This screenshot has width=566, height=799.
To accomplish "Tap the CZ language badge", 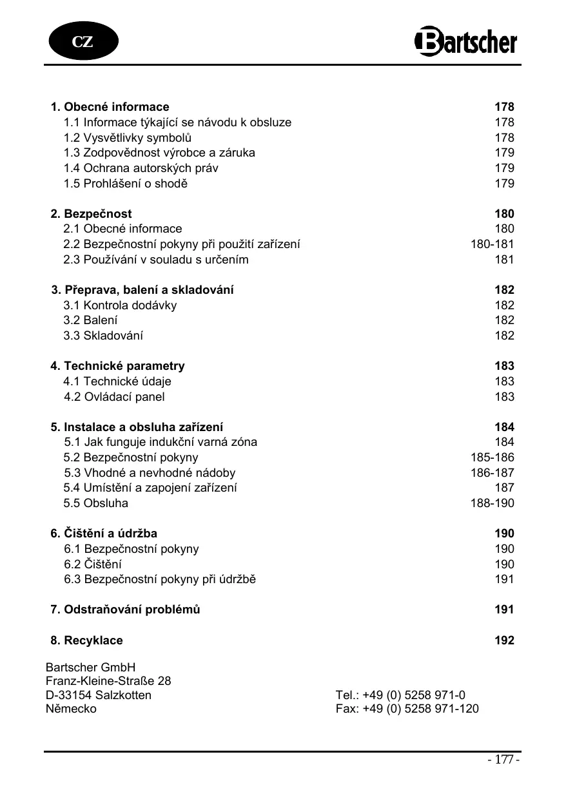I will pyautogui.click(x=83, y=42).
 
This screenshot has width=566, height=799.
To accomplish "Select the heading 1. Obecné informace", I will pyautogui.click(x=110, y=107).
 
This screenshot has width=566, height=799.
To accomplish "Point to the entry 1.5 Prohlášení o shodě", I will pyautogui.click(x=125, y=184).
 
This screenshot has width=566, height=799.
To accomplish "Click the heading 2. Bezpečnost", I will pyautogui.click(x=92, y=214).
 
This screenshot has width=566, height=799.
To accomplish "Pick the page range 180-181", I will pyautogui.click(x=492, y=244).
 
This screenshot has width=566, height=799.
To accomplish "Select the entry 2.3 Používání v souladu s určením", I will pyautogui.click(x=155, y=260).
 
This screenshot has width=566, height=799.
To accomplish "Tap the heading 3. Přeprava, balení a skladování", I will pyautogui.click(x=142, y=290).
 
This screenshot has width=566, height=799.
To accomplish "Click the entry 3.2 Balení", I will pyautogui.click(x=90, y=320).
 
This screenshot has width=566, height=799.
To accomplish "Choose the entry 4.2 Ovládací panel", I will pyautogui.click(x=114, y=397).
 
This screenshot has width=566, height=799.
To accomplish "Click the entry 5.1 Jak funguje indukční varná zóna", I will pyautogui.click(x=161, y=442).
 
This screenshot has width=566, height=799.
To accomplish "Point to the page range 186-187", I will pyautogui.click(x=492, y=473).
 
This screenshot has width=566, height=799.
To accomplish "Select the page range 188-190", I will pyautogui.click(x=492, y=503).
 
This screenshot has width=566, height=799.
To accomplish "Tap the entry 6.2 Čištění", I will pyautogui.click(x=93, y=564).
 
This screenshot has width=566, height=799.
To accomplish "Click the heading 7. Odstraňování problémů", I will pyautogui.click(x=126, y=610).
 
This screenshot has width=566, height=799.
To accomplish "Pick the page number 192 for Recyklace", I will pyautogui.click(x=504, y=640).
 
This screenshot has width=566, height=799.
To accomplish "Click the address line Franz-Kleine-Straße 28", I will pyautogui.click(x=108, y=681).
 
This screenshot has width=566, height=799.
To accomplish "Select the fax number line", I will pyautogui.click(x=407, y=709).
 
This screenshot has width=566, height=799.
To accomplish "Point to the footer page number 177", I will pyautogui.click(x=503, y=760).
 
